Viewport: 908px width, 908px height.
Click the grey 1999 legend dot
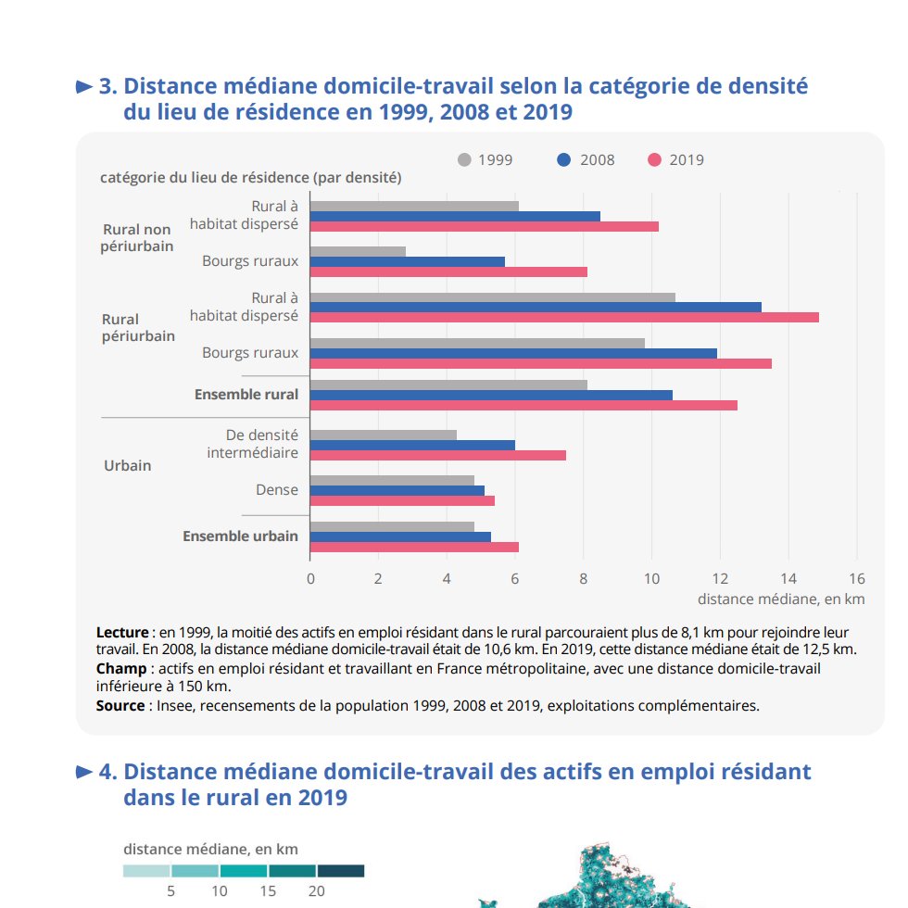(464, 159)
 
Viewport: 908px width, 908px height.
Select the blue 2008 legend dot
(564, 159)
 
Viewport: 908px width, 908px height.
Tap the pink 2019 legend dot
(654, 159)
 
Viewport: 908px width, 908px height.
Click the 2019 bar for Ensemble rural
(523, 406)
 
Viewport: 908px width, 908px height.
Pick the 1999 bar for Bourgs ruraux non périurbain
(358, 251)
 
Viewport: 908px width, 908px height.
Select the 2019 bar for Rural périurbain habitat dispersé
(564, 317)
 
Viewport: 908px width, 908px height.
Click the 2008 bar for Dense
(397, 490)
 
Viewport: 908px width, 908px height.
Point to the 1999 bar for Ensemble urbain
(392, 526)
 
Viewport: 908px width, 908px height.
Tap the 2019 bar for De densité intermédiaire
(437, 455)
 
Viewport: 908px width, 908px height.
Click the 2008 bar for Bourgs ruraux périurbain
(513, 353)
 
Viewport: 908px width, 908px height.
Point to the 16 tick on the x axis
(857, 578)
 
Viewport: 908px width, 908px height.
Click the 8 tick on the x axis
(583, 578)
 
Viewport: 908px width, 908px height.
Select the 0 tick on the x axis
(310, 578)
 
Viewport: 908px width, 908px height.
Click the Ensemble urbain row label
(240, 536)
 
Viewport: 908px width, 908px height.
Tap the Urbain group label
(128, 465)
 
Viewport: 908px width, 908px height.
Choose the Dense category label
(277, 490)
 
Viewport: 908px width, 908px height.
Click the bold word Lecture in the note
(122, 632)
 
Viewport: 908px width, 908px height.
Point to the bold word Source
(120, 706)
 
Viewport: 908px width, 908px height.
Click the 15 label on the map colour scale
(268, 891)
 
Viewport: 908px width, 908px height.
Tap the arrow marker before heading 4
(84, 772)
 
